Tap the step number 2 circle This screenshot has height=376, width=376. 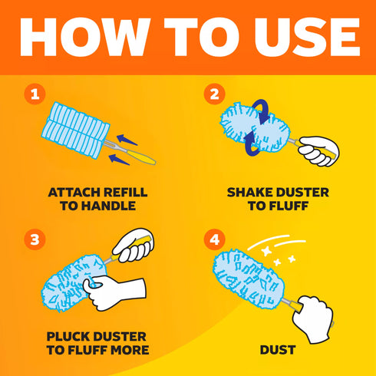(215, 94)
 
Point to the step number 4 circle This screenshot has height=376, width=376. (215, 239)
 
